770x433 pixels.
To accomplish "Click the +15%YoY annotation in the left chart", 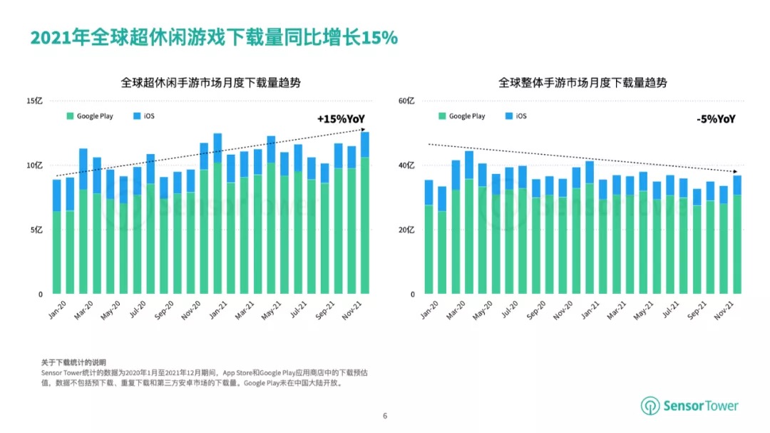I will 340,119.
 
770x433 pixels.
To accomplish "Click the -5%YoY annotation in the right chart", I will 715,119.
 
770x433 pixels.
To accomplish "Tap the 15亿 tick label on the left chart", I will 36,101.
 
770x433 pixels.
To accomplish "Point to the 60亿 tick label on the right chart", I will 406,101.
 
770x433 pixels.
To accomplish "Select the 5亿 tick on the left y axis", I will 38,230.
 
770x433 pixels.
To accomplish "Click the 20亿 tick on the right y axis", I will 406,230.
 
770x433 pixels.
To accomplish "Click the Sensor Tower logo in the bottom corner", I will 689,406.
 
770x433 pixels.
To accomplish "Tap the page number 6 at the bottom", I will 385,416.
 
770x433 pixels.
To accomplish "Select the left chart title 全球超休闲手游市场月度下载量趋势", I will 210,83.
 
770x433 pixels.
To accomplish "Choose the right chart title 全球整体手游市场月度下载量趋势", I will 582,83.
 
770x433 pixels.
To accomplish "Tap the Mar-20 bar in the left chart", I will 83,221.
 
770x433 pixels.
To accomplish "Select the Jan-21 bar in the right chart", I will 590,228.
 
